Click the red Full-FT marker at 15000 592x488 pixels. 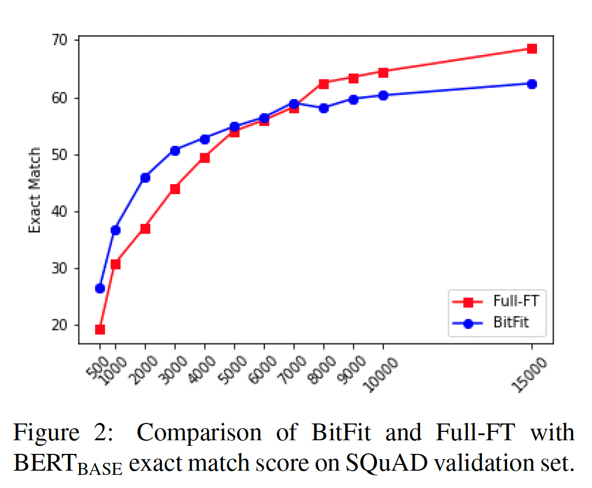[532, 49]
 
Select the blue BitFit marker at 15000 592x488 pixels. [532, 84]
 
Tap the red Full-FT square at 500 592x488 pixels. [100, 330]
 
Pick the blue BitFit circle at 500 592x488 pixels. [100, 288]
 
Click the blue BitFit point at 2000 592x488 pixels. [145, 178]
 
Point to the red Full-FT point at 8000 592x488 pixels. [324, 84]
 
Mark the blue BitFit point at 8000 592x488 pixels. [324, 108]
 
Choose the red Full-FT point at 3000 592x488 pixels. [175, 189]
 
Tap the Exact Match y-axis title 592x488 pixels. [35, 190]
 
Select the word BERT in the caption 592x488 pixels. [45, 463]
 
